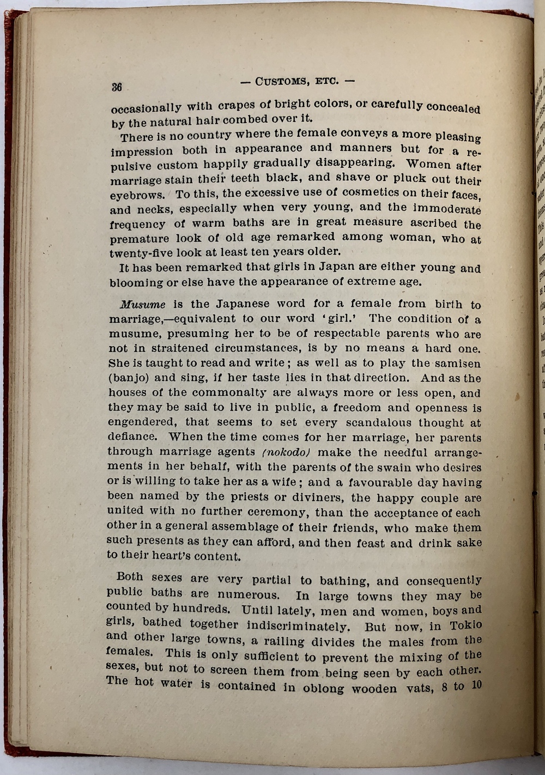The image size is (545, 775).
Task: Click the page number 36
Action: [x=116, y=87]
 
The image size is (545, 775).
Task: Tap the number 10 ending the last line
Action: [x=476, y=683]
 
